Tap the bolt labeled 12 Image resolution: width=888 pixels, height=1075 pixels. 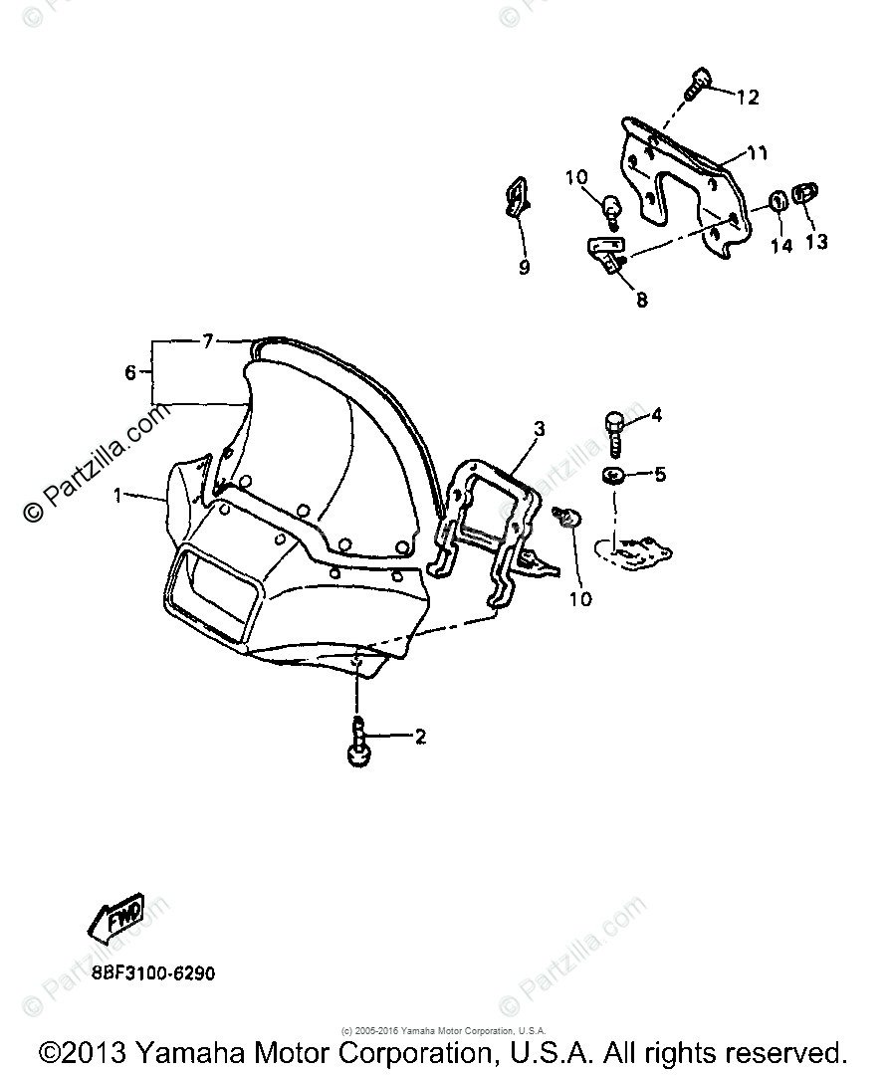tap(699, 82)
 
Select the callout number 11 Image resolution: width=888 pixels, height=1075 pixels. tap(758, 153)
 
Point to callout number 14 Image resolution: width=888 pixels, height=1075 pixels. tap(781, 245)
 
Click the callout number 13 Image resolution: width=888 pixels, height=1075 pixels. tap(816, 242)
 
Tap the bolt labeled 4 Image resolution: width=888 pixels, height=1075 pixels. tap(615, 431)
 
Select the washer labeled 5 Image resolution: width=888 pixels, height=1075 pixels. tap(613, 474)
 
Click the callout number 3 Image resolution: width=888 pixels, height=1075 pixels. tap(539, 429)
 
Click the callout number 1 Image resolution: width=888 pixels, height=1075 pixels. tap(117, 495)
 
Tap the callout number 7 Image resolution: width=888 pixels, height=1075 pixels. tap(207, 341)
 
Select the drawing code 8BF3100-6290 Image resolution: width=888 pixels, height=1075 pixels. tap(152, 972)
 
